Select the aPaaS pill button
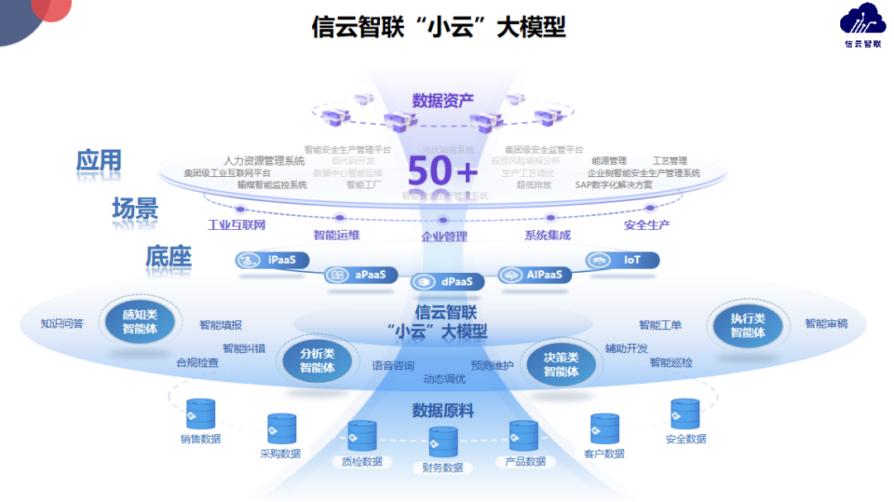click(x=360, y=275)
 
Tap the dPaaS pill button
click(x=447, y=282)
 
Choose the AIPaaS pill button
click(x=535, y=275)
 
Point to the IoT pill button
click(x=622, y=261)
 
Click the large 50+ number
click(x=443, y=171)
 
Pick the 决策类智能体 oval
click(x=560, y=364)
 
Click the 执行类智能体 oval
click(x=747, y=326)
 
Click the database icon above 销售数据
click(x=200, y=414)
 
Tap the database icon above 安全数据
click(x=685, y=414)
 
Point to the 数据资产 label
click(x=443, y=101)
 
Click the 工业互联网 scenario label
click(x=237, y=224)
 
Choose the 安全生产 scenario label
click(x=646, y=224)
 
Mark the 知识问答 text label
click(x=62, y=323)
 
